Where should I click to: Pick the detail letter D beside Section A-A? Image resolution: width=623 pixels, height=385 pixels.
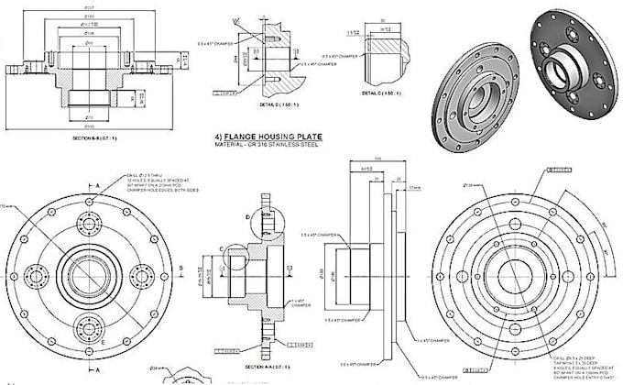248,217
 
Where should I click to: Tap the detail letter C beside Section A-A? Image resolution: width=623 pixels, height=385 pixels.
223,248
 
